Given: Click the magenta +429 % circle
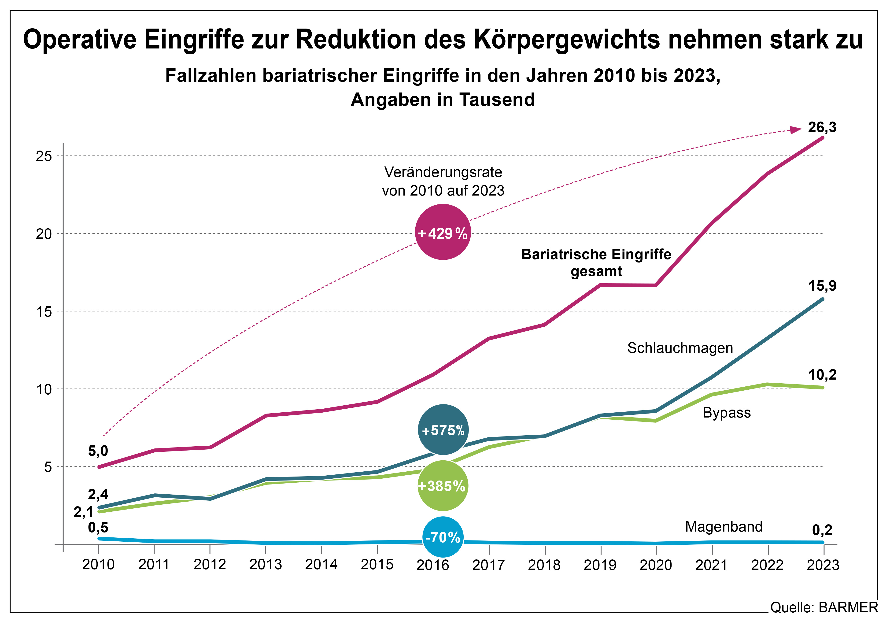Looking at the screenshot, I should coord(443,233).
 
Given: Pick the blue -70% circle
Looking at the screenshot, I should coord(443,537).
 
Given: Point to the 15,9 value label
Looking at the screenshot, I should coord(822,286).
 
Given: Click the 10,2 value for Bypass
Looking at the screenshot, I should coord(822,375).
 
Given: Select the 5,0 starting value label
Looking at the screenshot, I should coord(98,451).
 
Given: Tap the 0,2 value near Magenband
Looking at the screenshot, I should coord(822,530).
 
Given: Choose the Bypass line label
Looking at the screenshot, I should coord(726,413).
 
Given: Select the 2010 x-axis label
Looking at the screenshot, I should coord(98,565).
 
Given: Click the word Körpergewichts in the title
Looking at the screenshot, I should coord(566,40).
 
